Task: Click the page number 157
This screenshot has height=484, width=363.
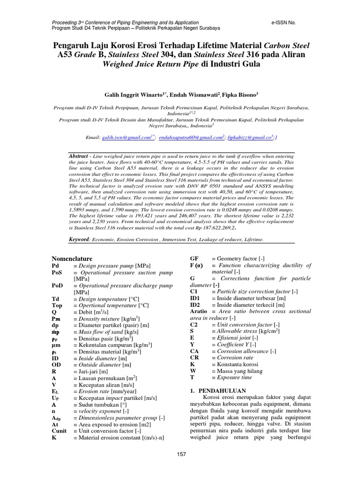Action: click(181, 454)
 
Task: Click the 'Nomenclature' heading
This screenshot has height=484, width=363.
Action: click(72, 259)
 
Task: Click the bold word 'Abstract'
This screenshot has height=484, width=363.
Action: click(79, 156)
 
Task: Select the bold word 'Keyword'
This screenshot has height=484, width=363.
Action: click(79, 240)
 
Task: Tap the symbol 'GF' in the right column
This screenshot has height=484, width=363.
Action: click(194, 259)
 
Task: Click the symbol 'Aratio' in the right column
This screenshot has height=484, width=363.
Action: click(199, 312)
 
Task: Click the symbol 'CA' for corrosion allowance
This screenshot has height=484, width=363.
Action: click(194, 352)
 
